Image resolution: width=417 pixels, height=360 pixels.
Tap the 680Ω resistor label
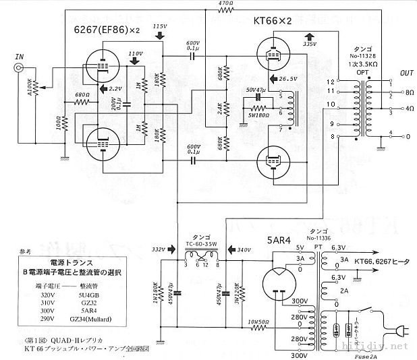(82, 94)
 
